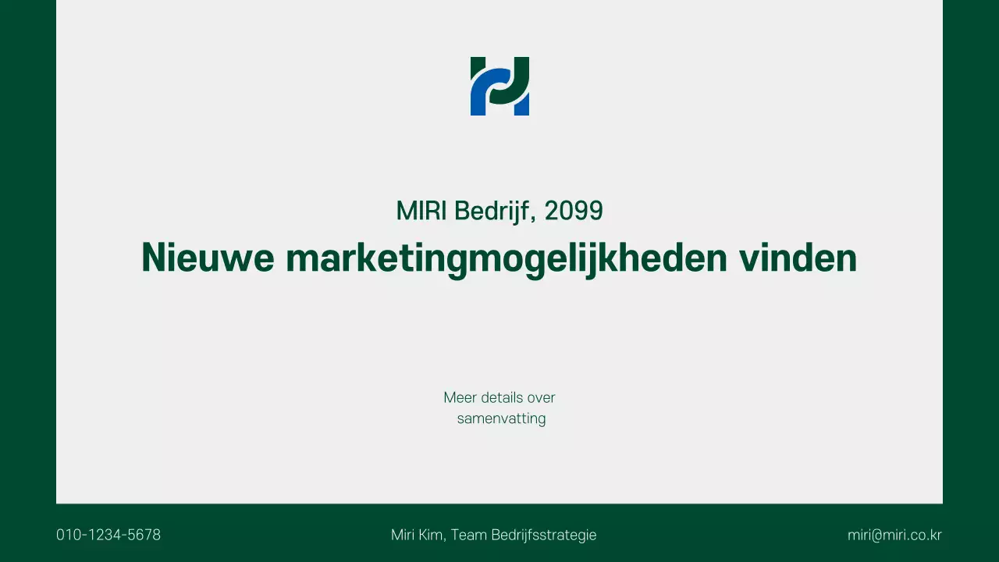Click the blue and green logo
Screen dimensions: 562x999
[499, 86]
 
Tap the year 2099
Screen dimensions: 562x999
[574, 211]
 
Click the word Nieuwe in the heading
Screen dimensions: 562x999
[208, 257]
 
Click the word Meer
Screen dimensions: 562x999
[460, 397]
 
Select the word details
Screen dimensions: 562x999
[502, 397]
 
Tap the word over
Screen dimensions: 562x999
[541, 397]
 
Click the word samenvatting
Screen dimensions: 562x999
[501, 418]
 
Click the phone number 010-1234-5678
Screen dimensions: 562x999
[108, 535]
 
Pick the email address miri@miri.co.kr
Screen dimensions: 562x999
[894, 535]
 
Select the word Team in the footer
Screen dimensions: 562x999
[469, 535]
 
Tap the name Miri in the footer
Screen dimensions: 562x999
[403, 535]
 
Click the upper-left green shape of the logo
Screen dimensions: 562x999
[476, 66]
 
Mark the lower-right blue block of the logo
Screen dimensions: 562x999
[522, 105]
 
